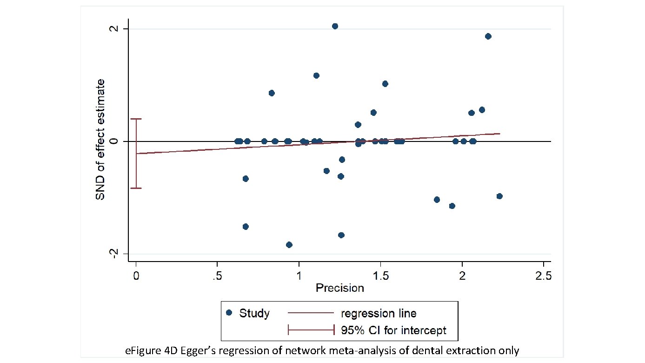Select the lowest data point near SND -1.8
coord(289,245)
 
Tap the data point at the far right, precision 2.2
coord(499,196)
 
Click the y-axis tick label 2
coord(112,29)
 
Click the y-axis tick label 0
coord(112,141)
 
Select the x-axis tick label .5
coord(216,276)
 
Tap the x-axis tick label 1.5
coord(380,276)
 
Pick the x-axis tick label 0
coord(136,276)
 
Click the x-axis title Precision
coord(339,288)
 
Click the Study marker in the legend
coord(229,313)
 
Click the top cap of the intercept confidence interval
coord(136,119)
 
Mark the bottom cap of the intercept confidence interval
coord(136,188)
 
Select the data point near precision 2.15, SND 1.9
coord(488,36)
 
